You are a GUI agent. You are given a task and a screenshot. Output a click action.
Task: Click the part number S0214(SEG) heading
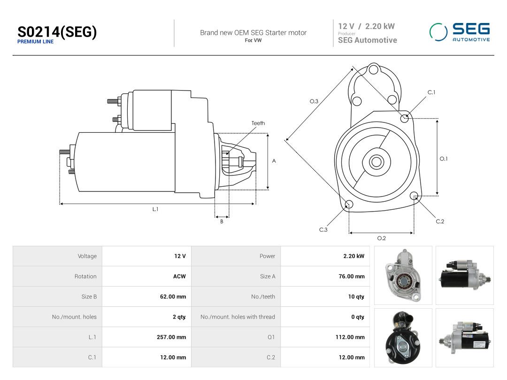coord(57,32)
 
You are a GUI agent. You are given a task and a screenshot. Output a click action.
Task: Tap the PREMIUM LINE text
coord(35,42)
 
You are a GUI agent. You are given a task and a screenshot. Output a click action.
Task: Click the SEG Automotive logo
coord(460,32)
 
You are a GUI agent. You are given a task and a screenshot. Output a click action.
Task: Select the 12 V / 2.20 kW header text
coord(366,26)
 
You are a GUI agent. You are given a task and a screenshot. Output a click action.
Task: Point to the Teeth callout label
coord(258,123)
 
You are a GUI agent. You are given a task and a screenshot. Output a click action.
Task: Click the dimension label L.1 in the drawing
coord(155,209)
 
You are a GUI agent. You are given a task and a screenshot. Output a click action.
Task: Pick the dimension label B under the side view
coord(222,221)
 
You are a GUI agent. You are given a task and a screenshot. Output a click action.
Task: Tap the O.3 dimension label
coord(314,101)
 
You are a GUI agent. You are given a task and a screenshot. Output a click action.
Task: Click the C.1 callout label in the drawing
coord(431,92)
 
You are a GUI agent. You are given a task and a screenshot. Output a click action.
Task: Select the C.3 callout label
coord(323,230)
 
